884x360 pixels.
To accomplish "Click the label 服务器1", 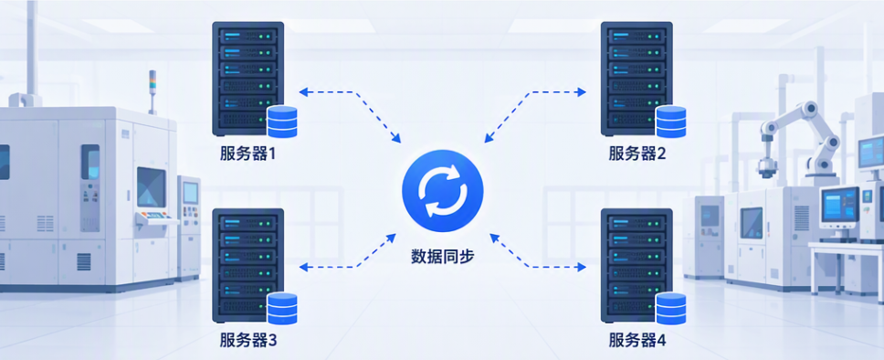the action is tap(248, 154).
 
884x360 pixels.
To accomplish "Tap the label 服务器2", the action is tap(637, 154).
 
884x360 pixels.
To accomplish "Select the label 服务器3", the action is tap(248, 340).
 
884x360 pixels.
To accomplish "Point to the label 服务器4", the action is tap(637, 340).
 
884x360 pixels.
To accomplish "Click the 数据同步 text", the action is tap(443, 257).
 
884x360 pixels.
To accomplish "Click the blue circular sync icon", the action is tap(443, 191).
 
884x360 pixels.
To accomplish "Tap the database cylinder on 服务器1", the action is tap(282, 122).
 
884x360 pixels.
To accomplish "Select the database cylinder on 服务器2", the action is tap(671, 122).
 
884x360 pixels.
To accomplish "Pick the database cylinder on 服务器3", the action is tap(282, 309).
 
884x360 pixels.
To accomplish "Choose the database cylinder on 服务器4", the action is tap(671, 309).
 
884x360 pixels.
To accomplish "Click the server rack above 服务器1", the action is tap(247, 79).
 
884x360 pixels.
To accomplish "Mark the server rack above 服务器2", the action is tap(637, 79).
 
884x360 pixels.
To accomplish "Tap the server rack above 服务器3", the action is tap(247, 266).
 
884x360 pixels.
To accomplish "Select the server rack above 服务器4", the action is tap(637, 266).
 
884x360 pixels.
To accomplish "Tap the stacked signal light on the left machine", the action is tap(152, 90).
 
